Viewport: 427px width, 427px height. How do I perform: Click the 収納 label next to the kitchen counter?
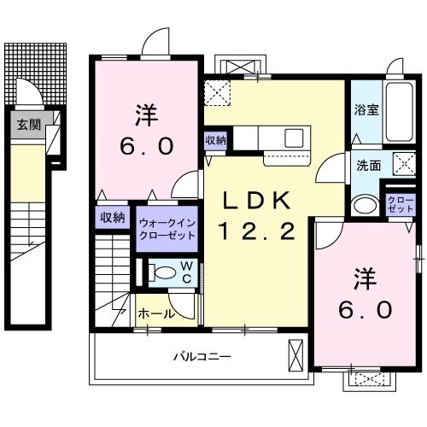click(215, 140)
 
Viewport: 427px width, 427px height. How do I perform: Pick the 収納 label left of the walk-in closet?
click(113, 217)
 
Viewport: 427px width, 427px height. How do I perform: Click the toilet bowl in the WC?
click(156, 273)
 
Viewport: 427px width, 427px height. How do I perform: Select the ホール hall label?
click(156, 313)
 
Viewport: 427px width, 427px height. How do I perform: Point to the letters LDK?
click(258, 200)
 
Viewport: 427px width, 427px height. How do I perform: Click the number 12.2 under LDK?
click(258, 230)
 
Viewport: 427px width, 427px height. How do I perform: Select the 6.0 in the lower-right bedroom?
click(363, 307)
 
